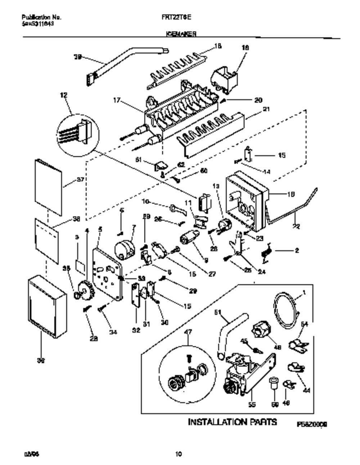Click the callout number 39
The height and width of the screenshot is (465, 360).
(x=77, y=57)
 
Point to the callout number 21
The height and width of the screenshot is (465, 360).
(x=267, y=109)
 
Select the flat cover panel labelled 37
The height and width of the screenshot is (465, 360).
(x=49, y=187)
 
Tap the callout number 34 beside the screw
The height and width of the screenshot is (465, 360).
(x=113, y=332)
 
